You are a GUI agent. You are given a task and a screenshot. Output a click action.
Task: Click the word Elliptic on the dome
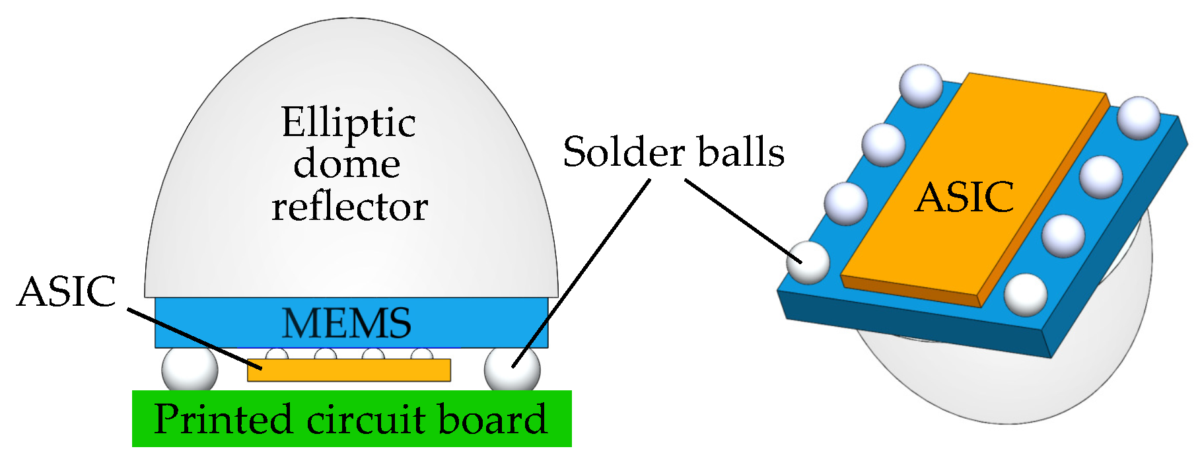click(349, 124)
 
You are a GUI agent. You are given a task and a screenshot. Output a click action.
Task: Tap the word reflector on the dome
click(349, 207)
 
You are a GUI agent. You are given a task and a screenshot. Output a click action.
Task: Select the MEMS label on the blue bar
click(347, 323)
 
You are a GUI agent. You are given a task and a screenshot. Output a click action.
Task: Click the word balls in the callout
click(740, 153)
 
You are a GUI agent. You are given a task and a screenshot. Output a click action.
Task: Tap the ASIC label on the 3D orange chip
click(964, 197)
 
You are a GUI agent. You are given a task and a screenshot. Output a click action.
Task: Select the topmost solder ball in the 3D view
click(921, 85)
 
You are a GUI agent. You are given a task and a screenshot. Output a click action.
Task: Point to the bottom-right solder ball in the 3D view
click(1025, 295)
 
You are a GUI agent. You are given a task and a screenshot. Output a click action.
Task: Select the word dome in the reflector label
click(347, 164)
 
